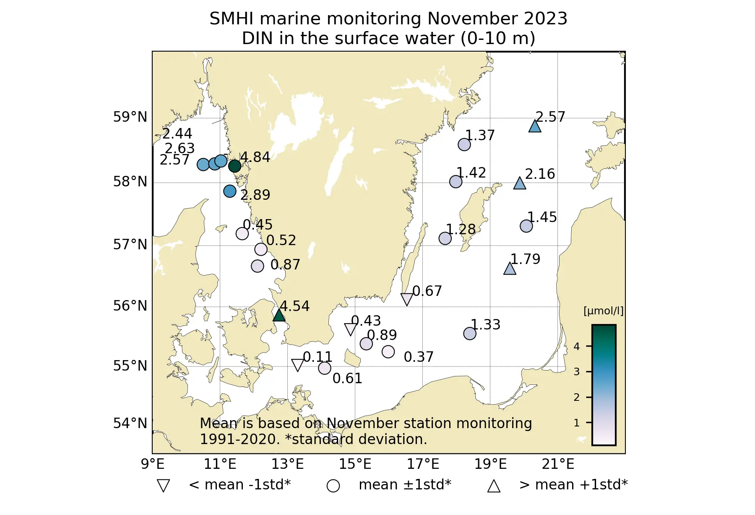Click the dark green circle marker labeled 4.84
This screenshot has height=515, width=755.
(234, 166)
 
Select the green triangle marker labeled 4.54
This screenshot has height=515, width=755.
(279, 315)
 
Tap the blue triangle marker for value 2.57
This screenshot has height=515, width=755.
(535, 126)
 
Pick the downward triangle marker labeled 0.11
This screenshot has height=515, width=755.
(297, 365)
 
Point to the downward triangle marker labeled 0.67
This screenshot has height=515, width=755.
(407, 299)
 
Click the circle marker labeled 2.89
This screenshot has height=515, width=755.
(229, 191)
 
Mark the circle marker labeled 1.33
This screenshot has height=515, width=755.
(470, 334)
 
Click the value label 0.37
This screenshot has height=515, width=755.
(418, 357)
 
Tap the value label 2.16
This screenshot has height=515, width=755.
(540, 174)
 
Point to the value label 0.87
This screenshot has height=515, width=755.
(285, 265)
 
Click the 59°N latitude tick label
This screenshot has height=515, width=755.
(130, 117)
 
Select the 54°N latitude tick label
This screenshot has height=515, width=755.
(130, 424)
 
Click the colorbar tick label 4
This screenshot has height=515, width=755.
(577, 347)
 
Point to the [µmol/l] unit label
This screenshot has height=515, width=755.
(603, 311)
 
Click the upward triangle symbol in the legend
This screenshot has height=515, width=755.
(494, 486)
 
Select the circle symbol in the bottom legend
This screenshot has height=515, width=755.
(333, 486)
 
